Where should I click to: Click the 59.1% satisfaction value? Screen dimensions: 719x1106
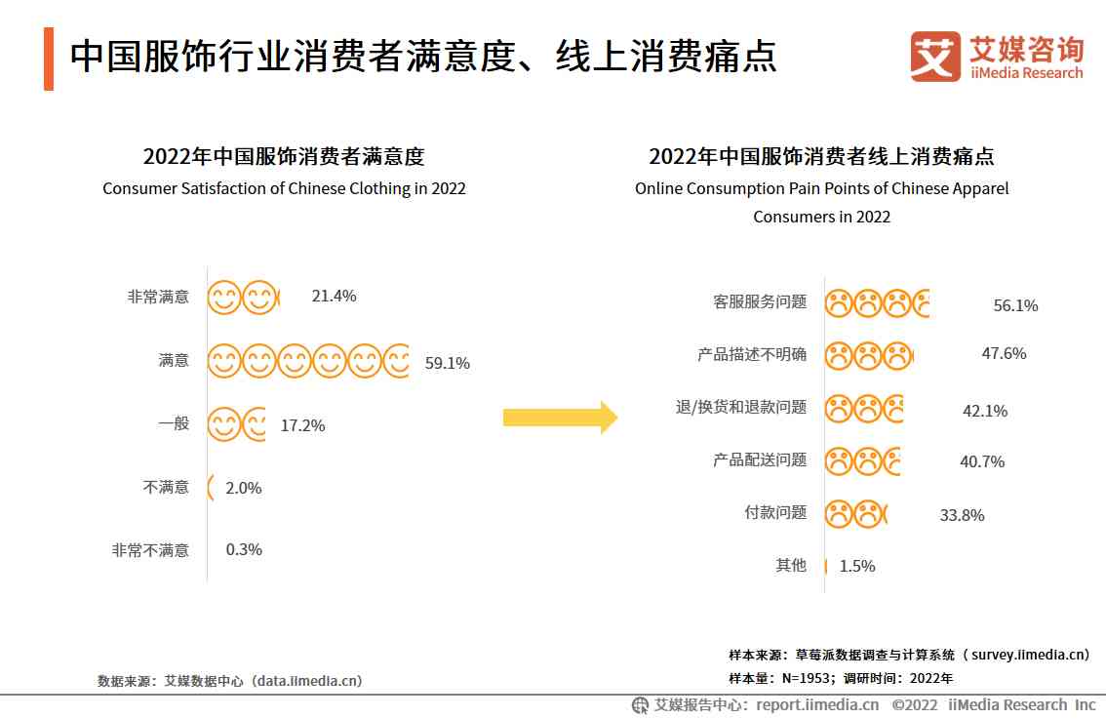448,364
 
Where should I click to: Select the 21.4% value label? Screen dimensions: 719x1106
334,297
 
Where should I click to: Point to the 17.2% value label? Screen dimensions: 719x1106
302,426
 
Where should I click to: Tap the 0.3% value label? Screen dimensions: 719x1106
244,550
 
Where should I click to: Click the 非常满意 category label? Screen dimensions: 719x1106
158,297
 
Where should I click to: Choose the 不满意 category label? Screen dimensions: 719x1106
166,487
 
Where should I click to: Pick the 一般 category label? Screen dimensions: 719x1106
174,423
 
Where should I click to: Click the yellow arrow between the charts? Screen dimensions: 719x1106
561,418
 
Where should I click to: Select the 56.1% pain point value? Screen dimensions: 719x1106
1015,306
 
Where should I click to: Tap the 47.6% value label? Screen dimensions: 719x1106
1004,354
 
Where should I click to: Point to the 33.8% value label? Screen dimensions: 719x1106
962,516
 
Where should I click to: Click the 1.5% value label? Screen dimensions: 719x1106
857,567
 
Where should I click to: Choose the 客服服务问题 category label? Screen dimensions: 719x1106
760,302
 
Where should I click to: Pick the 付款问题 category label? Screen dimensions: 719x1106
775,512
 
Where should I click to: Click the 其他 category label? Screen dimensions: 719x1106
791,565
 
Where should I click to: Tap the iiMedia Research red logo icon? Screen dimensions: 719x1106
935,57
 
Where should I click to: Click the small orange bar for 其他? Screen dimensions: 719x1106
826,566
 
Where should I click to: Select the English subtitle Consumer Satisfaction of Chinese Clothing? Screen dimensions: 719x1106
284,189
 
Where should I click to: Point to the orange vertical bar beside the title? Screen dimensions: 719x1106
49,60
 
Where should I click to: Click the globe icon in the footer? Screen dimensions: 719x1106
640,705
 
